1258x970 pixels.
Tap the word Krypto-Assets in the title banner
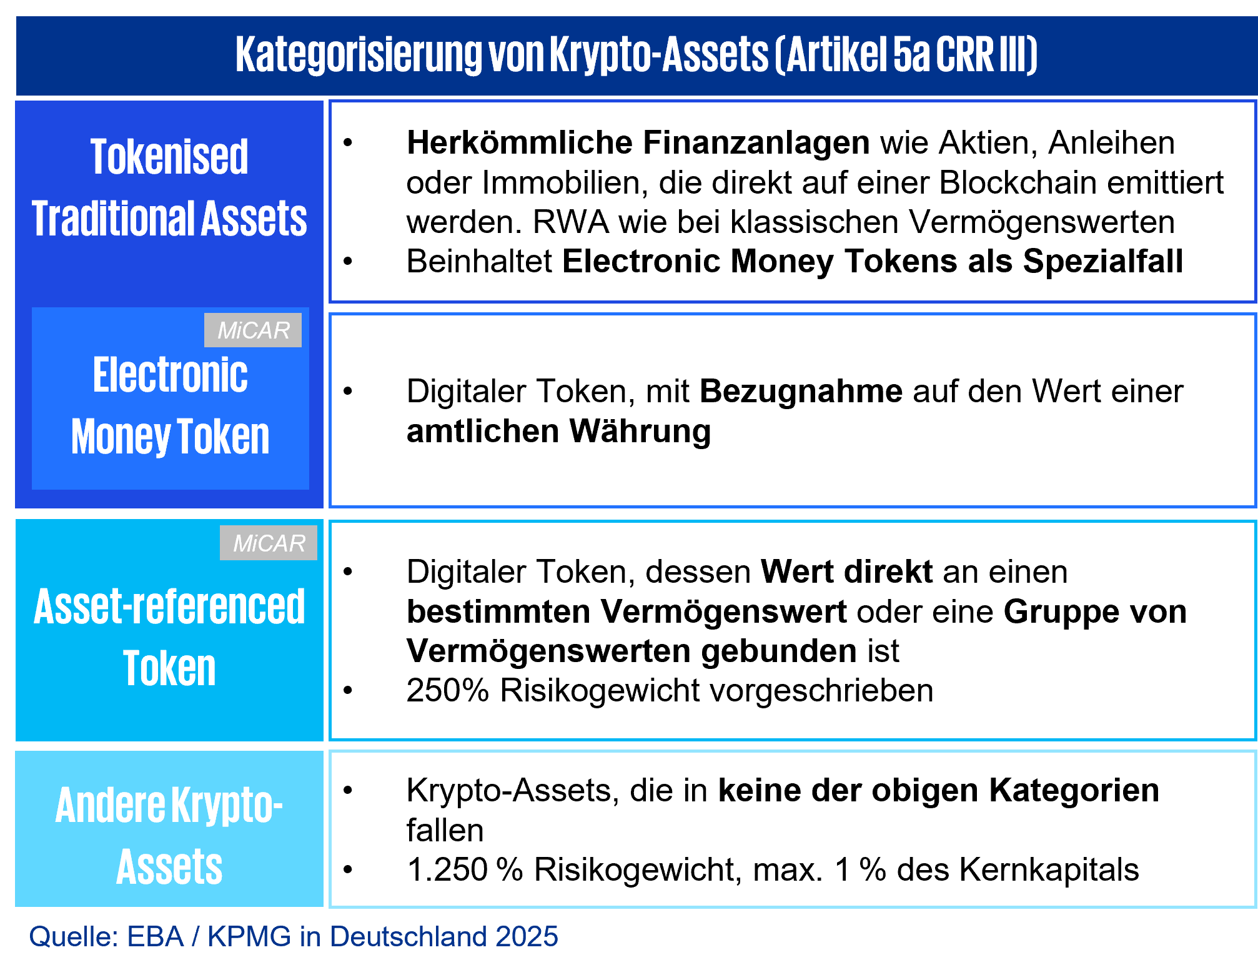(659, 55)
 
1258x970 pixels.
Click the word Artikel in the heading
(836, 55)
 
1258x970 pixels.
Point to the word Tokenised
(169, 157)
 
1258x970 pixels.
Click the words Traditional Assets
(169, 219)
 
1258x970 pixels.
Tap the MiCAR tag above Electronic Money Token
(253, 330)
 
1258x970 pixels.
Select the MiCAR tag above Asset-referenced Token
(269, 543)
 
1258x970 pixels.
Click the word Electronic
(170, 375)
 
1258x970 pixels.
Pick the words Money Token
(170, 437)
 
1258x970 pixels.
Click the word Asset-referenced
(169, 606)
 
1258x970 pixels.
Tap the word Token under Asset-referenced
(169, 668)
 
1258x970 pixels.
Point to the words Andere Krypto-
(169, 805)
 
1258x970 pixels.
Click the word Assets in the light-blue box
(169, 867)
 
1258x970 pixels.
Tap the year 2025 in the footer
(527, 936)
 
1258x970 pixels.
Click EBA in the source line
(156, 936)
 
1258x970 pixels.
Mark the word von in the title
(516, 55)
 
